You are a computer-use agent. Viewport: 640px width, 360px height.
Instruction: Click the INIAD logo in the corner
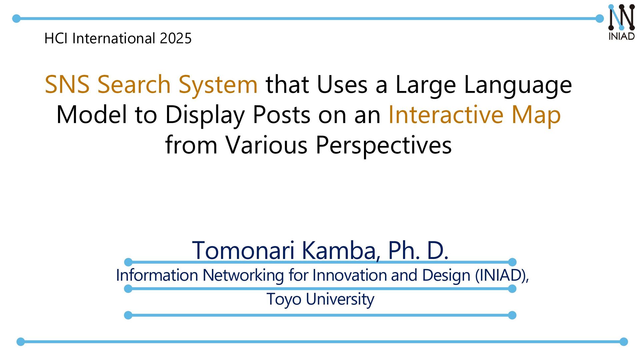tap(621, 22)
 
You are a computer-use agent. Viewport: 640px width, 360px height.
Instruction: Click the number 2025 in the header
tap(175, 38)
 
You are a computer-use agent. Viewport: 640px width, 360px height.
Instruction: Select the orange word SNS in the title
tap(67, 84)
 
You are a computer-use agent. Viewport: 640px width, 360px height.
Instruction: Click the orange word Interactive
tap(446, 115)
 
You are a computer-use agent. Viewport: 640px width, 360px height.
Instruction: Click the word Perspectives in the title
tap(383, 145)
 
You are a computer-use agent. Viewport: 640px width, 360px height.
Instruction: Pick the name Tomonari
tap(243, 250)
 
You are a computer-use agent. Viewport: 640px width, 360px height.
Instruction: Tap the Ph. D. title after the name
tap(418, 250)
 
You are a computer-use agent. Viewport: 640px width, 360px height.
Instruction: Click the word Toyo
tap(284, 299)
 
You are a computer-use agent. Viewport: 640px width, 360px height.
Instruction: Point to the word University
tap(340, 299)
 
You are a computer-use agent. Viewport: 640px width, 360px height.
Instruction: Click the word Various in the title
tap(266, 145)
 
